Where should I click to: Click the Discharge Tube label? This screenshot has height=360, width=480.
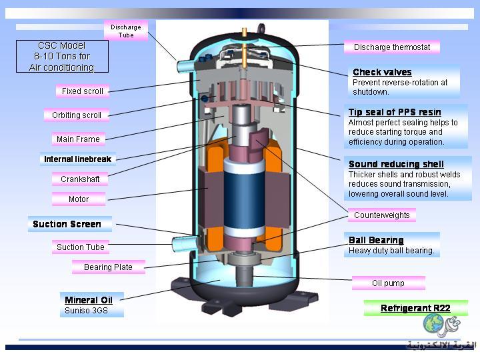click(126, 31)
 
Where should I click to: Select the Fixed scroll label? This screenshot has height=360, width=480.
click(83, 91)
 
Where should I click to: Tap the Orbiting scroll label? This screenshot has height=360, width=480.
click(77, 115)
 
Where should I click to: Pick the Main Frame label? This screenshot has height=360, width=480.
click(79, 139)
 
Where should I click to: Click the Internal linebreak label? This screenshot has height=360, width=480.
click(78, 159)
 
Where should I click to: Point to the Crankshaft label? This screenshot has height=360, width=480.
click(80, 179)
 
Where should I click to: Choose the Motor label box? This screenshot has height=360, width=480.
click(79, 199)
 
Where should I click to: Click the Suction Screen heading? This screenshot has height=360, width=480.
click(67, 224)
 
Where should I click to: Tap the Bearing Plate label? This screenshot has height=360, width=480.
click(108, 267)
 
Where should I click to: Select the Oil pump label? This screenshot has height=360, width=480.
click(388, 283)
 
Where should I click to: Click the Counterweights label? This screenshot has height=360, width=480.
click(382, 215)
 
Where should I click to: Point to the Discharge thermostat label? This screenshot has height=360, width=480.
click(392, 47)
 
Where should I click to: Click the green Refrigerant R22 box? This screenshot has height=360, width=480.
click(416, 308)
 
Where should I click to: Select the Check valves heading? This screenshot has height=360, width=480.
click(382, 72)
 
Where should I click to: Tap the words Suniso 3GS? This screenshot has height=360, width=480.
click(86, 311)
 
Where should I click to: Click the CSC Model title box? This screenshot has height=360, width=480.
click(62, 56)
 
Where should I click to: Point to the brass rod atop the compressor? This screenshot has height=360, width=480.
click(245, 48)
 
